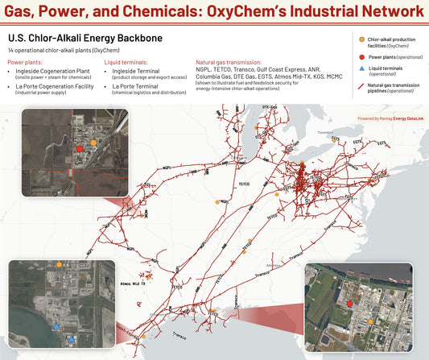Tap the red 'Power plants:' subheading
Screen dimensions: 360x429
coord(26,61)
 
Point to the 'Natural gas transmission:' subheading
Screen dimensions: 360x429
coord(229,61)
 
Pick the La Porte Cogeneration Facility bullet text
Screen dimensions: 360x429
coord(60,85)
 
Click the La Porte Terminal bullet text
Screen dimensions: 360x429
coord(138,85)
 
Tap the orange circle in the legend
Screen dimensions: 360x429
coord(361,39)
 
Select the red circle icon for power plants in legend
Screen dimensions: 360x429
coord(361,57)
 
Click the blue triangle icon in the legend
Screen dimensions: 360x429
coord(361,70)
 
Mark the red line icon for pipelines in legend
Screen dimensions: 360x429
coord(361,85)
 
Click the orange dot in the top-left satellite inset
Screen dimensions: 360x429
coord(94,142)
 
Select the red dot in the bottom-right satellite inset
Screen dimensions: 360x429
coord(350,304)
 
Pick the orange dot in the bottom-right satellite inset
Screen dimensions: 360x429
coord(370,321)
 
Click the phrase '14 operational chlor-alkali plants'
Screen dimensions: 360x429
coord(48,50)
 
